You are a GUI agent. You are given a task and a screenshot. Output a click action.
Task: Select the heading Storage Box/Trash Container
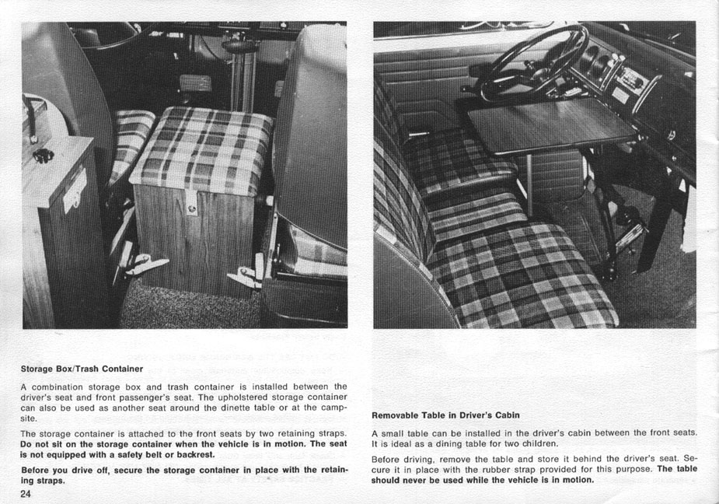pyautogui.click(x=82, y=369)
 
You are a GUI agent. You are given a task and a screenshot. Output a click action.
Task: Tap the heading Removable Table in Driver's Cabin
pyautogui.click(x=445, y=415)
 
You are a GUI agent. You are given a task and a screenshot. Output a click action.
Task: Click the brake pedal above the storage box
pyautogui.click(x=195, y=82)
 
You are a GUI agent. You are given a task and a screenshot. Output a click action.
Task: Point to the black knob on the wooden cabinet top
pyautogui.click(x=44, y=155)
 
